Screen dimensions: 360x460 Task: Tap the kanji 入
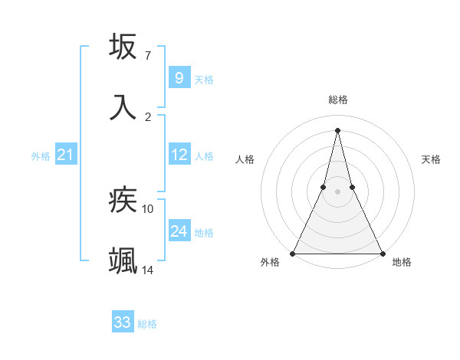(123, 106)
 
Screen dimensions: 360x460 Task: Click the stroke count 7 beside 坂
(148, 56)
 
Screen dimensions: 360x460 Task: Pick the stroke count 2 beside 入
(148, 116)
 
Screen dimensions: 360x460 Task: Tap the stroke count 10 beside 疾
(148, 208)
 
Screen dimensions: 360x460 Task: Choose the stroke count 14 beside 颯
(148, 270)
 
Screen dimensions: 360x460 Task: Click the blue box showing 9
(179, 77)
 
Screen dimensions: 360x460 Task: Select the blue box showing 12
(179, 155)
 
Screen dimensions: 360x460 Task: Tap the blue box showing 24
(179, 231)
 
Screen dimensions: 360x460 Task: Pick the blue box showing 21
(65, 155)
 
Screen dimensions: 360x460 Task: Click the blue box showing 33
(122, 322)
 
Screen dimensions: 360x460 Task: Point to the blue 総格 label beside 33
(147, 324)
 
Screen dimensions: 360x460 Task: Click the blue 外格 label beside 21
(41, 156)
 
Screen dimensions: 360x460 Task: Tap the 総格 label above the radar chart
(337, 100)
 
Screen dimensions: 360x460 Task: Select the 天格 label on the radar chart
(431, 159)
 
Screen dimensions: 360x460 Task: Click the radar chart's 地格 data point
(382, 253)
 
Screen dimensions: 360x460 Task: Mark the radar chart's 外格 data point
(294, 253)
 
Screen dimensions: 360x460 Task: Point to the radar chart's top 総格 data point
(337, 129)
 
